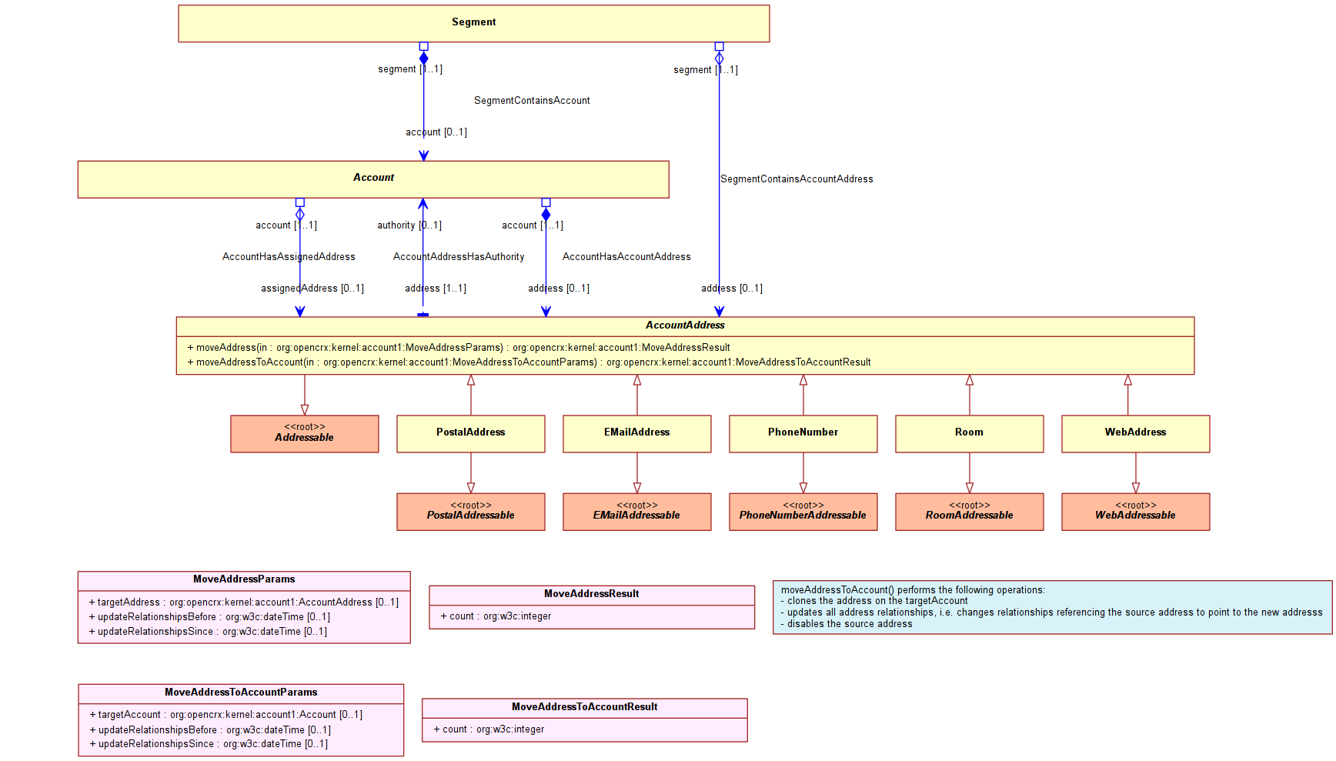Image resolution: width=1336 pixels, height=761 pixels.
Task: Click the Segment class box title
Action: [x=473, y=22]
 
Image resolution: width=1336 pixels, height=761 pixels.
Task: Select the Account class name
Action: [x=373, y=178]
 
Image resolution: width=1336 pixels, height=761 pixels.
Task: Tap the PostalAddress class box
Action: [x=471, y=434]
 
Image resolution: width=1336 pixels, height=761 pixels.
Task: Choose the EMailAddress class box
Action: [x=637, y=434]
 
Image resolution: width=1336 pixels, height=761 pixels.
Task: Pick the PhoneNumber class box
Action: [x=803, y=434]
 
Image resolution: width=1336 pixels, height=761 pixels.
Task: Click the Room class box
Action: [x=970, y=434]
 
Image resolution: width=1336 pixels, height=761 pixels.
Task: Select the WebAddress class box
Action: [x=1136, y=434]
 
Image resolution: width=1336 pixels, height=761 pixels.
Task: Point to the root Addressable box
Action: [x=305, y=434]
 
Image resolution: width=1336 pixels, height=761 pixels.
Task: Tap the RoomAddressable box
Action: [x=970, y=512]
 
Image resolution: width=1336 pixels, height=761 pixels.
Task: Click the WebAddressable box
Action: [x=1136, y=512]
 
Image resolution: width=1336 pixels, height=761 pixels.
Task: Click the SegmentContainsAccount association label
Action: [x=532, y=101]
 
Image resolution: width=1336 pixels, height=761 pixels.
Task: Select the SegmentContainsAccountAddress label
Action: [x=797, y=179]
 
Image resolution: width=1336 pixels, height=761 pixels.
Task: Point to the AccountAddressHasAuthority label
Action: [x=459, y=257]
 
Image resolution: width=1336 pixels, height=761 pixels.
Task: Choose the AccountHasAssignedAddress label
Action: [x=289, y=257]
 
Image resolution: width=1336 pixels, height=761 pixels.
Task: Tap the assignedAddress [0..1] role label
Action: [x=312, y=289]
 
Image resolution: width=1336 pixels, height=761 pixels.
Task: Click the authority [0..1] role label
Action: [x=409, y=225]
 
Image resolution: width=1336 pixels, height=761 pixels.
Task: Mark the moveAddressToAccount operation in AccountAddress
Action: [x=529, y=362]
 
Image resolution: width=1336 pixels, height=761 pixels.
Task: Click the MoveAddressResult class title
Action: [x=592, y=594]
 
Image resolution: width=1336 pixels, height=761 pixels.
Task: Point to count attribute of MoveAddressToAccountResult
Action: [x=489, y=729]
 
